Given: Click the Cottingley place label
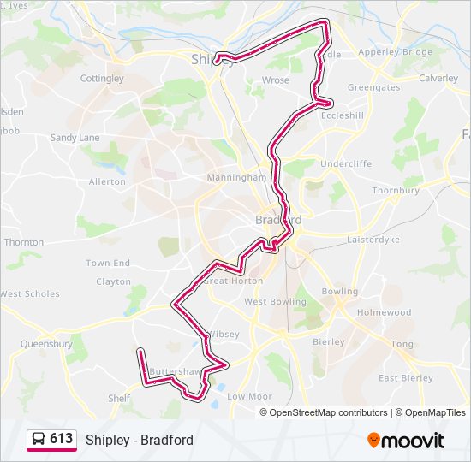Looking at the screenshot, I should pos(102,79).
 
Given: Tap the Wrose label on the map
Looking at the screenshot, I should pos(276,80).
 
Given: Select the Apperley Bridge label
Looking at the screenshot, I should pos(396,52).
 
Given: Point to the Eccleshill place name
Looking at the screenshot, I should pos(343,115).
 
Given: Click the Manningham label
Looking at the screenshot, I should pos(236,178).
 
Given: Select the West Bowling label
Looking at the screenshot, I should pos(275,302).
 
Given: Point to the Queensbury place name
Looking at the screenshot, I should pos(46,344).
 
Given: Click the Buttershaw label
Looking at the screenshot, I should pos(175,372).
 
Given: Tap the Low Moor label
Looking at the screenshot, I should pos(249,397).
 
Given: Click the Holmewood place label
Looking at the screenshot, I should pos(384,313).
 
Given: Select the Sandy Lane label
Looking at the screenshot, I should pos(75,138).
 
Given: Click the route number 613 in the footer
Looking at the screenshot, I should pos(61,439).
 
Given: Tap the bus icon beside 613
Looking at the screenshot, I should pos(39,440).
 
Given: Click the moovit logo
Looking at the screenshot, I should pos(406,441).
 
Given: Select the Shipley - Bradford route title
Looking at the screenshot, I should pos(139,441).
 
